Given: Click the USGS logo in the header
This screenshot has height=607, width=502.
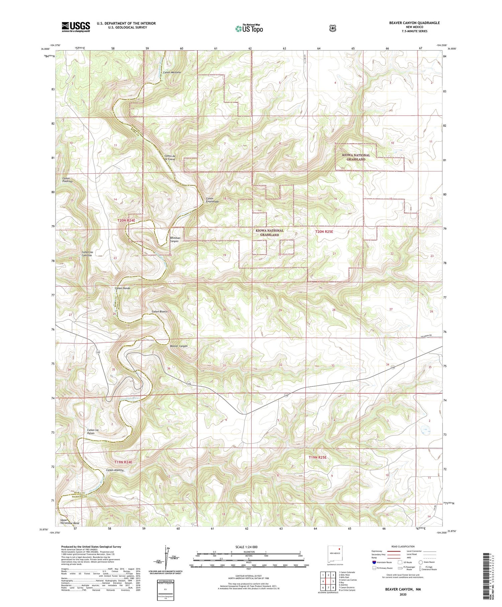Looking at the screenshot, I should [x=76, y=27].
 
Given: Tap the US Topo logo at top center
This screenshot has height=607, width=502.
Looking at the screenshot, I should [x=249, y=28].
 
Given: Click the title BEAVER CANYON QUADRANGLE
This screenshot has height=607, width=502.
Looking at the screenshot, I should [x=414, y=23].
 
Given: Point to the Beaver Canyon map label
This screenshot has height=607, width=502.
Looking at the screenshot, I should [x=179, y=346].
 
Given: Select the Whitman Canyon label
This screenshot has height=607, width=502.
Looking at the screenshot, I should [x=175, y=239].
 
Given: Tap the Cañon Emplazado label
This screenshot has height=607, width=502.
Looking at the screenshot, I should [x=212, y=200].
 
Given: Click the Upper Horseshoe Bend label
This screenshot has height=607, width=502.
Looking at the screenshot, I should [x=70, y=522].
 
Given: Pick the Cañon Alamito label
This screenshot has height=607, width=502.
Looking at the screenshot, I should [x=115, y=470].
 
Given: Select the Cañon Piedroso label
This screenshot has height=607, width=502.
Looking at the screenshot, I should [x=67, y=179].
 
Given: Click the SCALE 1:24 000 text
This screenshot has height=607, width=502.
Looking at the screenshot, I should [x=247, y=547].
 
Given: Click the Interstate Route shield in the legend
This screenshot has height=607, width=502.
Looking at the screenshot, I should [x=374, y=562].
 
